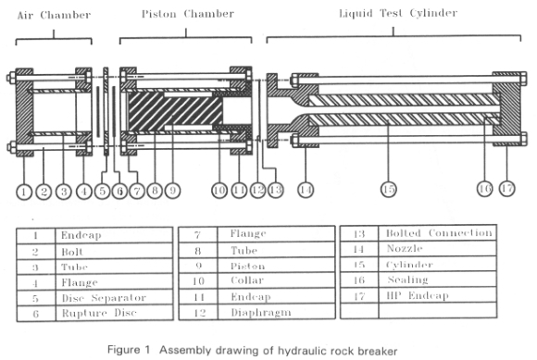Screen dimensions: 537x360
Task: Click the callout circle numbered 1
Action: coord(24,192)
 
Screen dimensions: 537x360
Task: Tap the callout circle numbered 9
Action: coord(172,191)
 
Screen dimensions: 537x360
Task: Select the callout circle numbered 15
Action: coord(389,189)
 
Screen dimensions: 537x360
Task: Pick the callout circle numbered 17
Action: coord(506,188)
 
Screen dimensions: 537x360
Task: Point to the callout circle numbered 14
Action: coord(306,190)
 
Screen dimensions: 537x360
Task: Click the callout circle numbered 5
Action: coord(103,191)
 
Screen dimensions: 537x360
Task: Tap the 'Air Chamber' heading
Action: coord(54,15)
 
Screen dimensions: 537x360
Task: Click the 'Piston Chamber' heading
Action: coord(188,14)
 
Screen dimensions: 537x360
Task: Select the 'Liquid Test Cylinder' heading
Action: coord(398,13)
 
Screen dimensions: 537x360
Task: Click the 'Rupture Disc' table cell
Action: coord(115,314)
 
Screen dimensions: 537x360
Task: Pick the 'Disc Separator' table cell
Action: coord(115,298)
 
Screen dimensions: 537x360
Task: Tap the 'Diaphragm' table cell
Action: coord(276,312)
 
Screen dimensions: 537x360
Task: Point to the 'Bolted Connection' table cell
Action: coord(438,233)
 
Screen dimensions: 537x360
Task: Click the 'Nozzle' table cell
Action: coord(438,248)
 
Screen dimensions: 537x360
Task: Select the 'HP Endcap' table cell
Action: coord(438,295)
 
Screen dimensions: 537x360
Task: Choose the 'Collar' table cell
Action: coord(276,280)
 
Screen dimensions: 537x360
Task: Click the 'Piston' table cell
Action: coord(276,266)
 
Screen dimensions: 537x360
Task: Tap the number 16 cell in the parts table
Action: coord(359,279)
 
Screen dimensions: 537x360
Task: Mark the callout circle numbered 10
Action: coord(219,191)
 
